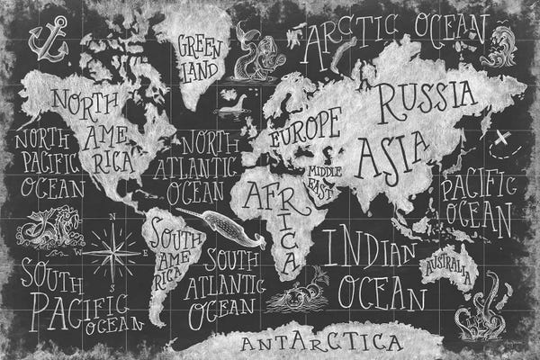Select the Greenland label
click(x=199, y=54)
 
